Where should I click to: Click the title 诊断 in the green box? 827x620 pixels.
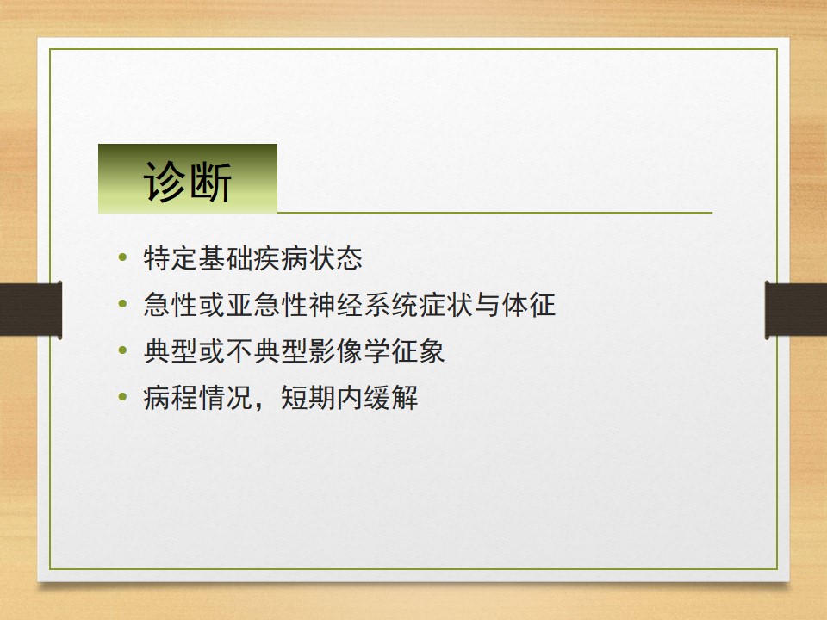[x=188, y=182]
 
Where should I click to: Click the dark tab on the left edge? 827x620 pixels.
[x=30, y=309]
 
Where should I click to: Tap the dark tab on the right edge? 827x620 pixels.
[x=796, y=309]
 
